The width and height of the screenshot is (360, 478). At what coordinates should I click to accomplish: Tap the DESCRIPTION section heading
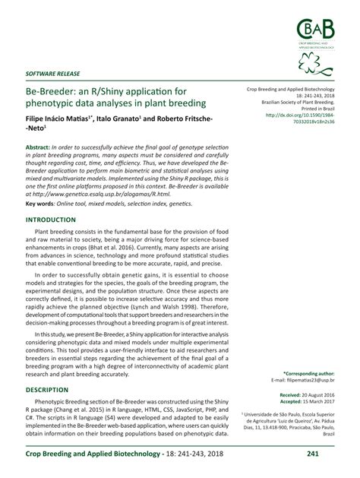47,389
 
